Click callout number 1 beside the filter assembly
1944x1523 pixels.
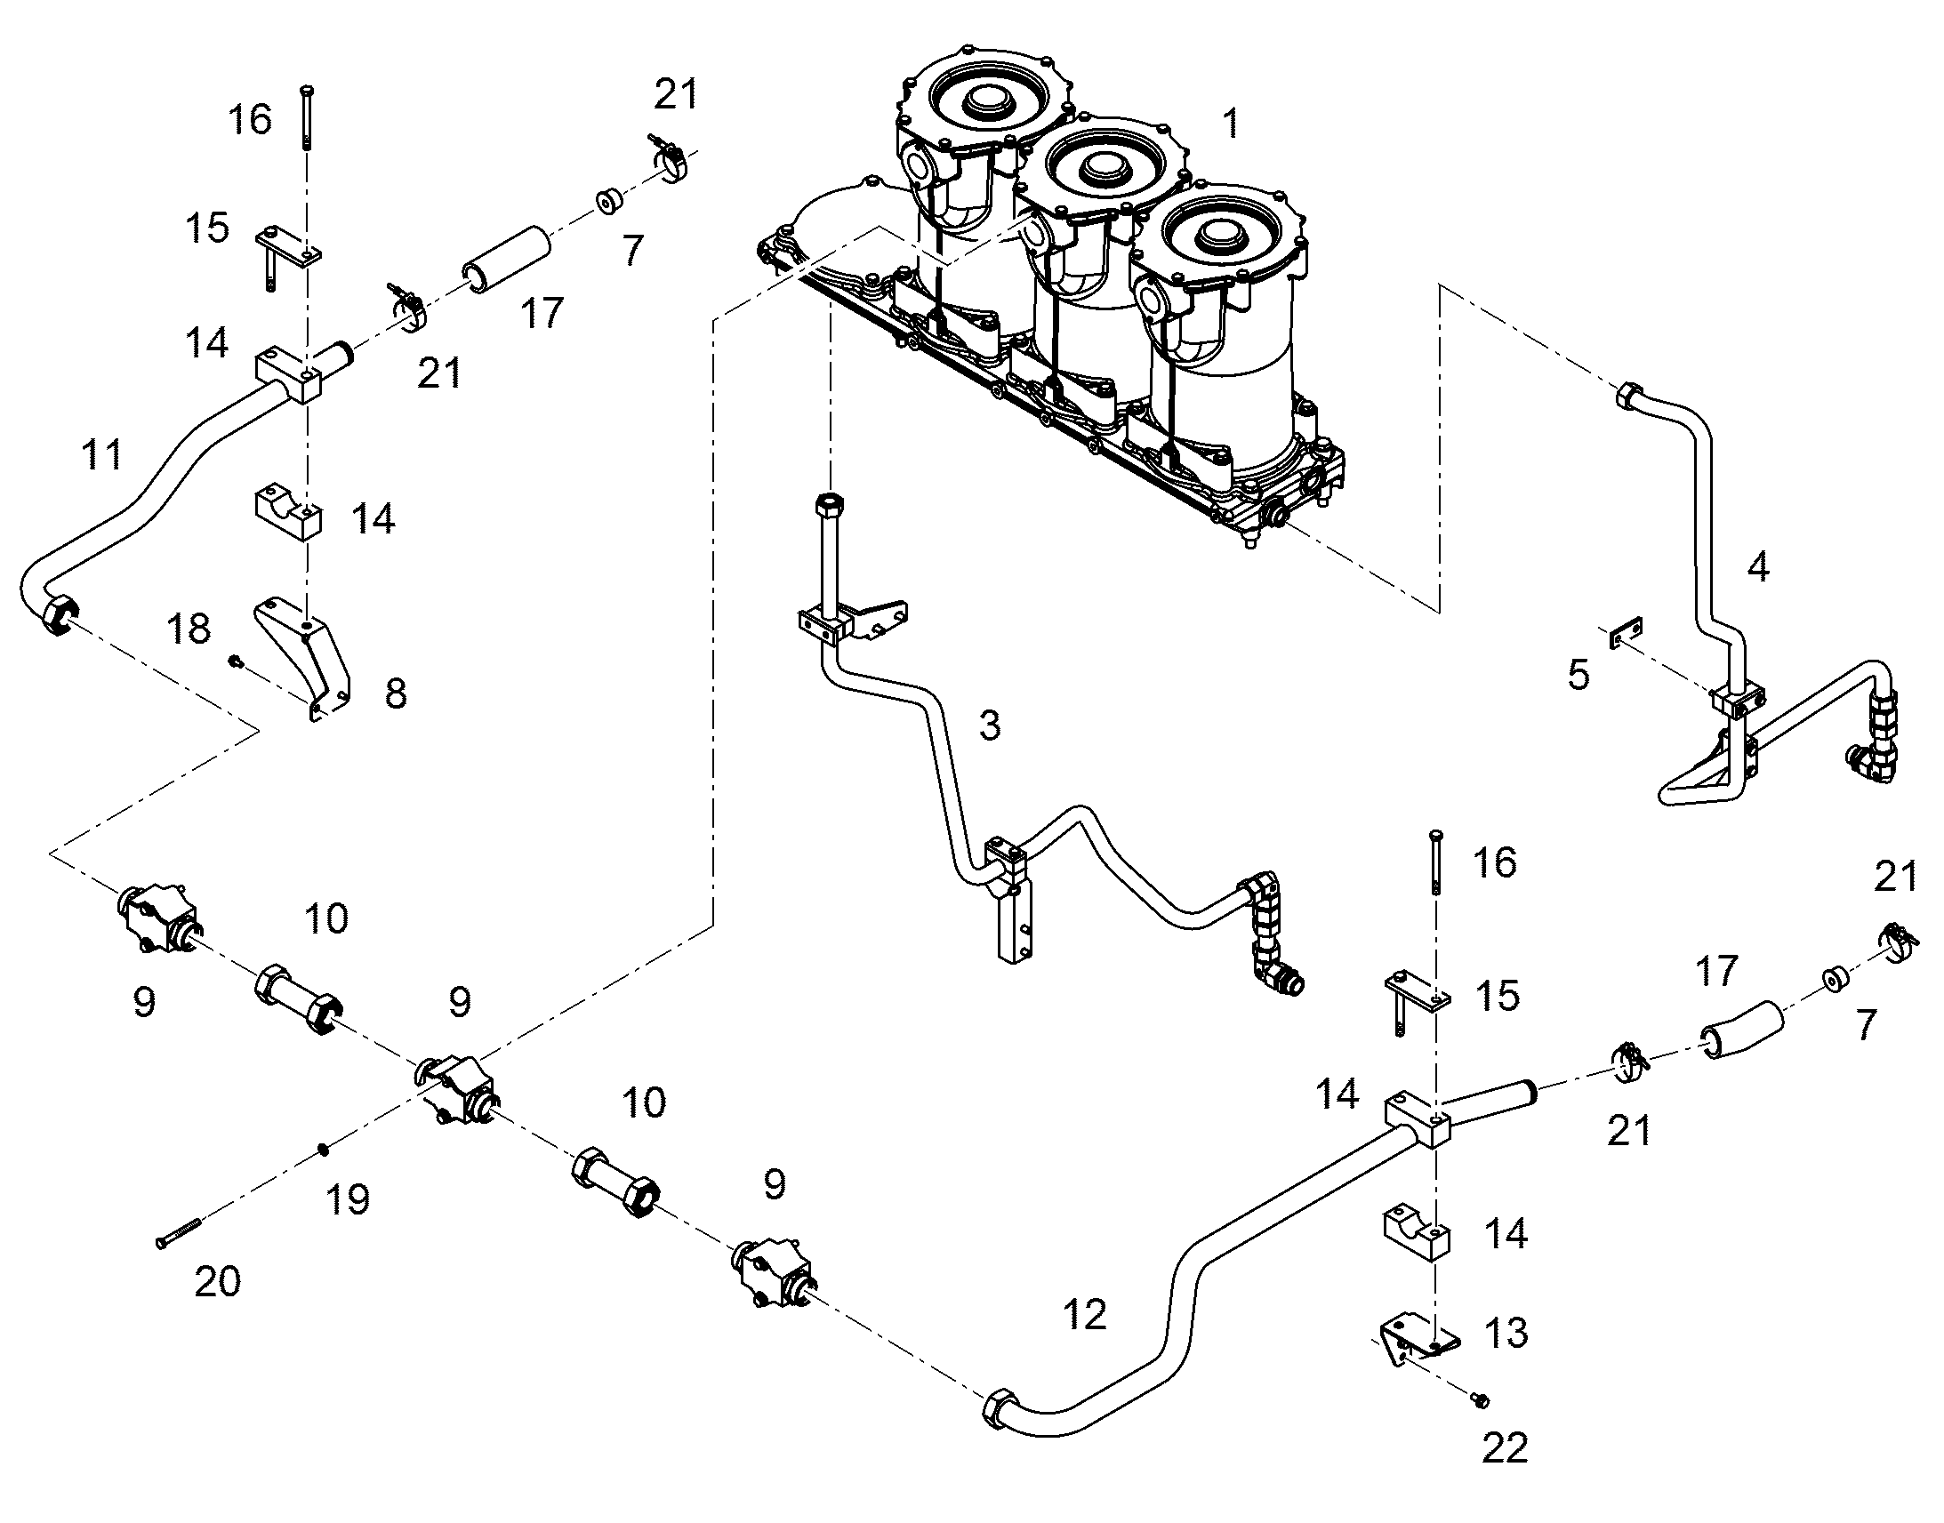pos(1231,124)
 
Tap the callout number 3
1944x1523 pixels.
pos(990,725)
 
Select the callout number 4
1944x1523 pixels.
pos(1757,566)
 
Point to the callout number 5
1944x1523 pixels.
pos(1578,675)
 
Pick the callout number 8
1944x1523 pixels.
pos(396,693)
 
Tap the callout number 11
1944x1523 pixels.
pos(100,454)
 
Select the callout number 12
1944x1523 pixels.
pos(1084,1314)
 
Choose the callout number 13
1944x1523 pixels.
pos(1506,1333)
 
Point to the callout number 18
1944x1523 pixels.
pos(189,629)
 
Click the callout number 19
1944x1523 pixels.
pos(348,1199)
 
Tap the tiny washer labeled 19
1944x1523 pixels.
pos(325,1151)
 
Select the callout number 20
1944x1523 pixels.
pos(218,1281)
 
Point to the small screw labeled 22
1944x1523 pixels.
pos(1482,1401)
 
